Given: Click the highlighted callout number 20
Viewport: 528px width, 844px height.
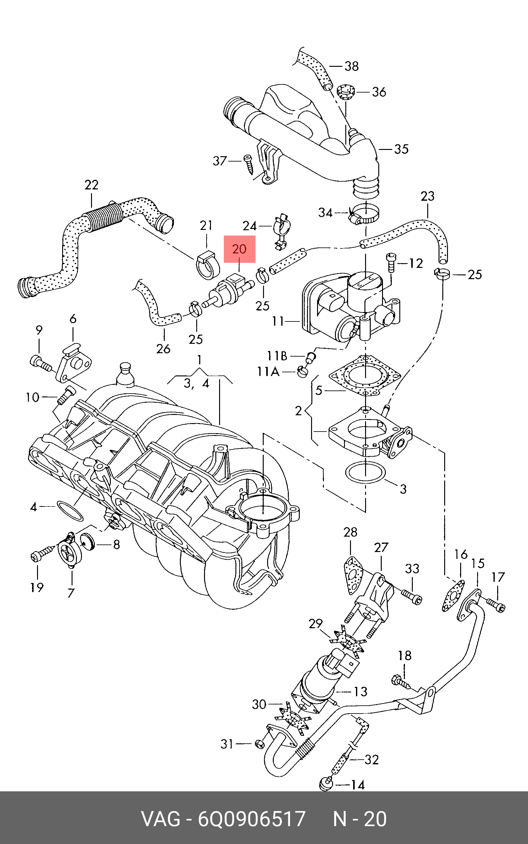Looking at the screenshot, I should pos(239,249).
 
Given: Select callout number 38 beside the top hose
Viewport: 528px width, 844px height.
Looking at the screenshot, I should pos(351,66).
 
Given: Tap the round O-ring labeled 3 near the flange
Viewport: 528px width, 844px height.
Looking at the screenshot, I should pos(365,473).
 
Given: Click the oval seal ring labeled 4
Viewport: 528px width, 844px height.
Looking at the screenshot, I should pos(70,511).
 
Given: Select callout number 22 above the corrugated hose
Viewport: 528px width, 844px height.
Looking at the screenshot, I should pos(91,185).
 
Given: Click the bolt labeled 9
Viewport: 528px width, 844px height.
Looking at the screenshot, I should pos(41,363).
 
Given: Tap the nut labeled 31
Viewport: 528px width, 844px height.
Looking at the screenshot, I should pos(260,744).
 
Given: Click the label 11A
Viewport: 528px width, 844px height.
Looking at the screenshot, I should pos(268,372).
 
